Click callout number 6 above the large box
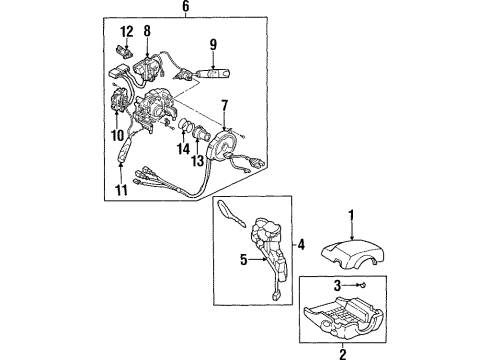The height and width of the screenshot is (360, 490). (x=186, y=6)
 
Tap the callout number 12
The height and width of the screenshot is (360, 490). (x=127, y=32)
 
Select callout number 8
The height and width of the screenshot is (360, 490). (x=147, y=31)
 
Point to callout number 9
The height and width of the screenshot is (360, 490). (x=213, y=44)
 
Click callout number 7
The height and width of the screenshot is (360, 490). (x=224, y=105)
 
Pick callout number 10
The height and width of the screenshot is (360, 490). (x=118, y=135)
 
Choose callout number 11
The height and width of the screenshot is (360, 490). (x=121, y=190)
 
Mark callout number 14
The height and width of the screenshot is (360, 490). (x=183, y=149)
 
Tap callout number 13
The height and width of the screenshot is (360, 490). (x=198, y=161)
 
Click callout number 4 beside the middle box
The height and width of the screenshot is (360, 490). (x=301, y=245)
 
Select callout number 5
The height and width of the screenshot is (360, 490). (x=244, y=260)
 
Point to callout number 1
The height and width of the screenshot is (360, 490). (x=351, y=215)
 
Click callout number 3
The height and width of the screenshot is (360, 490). (x=337, y=286)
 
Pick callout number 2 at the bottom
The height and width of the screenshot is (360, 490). (x=343, y=354)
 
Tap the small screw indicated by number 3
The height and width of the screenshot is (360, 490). (x=362, y=285)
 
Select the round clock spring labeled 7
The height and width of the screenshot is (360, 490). (x=222, y=145)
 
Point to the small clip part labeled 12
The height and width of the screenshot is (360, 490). (x=122, y=52)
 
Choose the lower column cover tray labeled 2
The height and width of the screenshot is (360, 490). (x=343, y=316)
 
